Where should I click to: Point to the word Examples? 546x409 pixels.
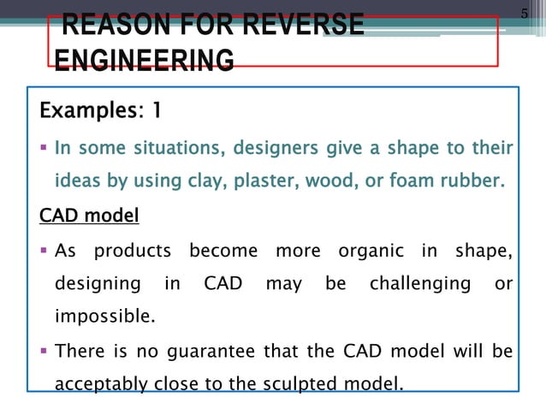tap(87, 111)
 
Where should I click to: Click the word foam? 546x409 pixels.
tap(406, 182)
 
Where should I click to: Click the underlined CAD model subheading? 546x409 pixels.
tap(89, 216)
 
